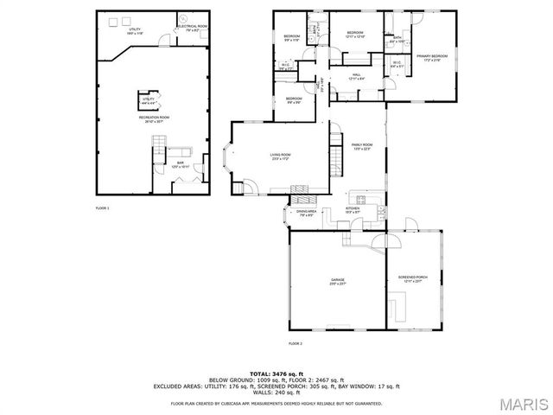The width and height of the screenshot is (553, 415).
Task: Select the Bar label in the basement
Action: coord(181,163)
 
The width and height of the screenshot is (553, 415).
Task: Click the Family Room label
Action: coord(361,146)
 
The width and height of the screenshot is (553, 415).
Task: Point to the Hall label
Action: coord(355,76)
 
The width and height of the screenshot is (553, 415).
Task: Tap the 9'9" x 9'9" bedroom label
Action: coord(294,100)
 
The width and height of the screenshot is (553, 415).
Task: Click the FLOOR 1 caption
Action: coord(102,209)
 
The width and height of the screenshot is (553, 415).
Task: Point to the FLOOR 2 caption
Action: coord(295,344)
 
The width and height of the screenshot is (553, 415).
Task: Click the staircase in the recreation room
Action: coord(159,156)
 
